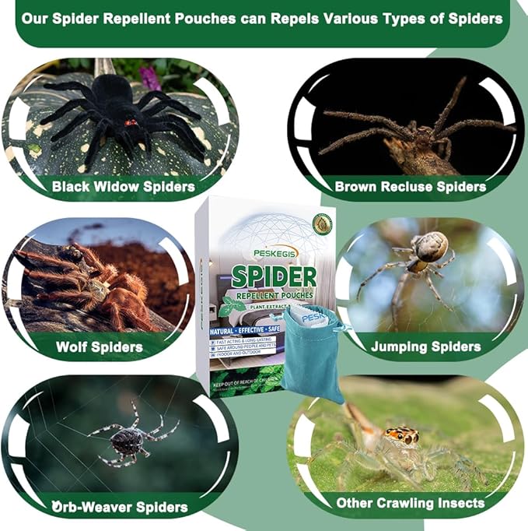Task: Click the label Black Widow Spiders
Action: [x=123, y=187]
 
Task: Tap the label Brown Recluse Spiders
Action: [x=410, y=187]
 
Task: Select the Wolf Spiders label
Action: [x=99, y=346]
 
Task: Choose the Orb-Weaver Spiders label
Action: [x=120, y=507]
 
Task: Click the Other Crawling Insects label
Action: [x=411, y=503]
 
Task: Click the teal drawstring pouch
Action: [x=312, y=350]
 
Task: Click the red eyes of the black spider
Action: [x=131, y=122]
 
